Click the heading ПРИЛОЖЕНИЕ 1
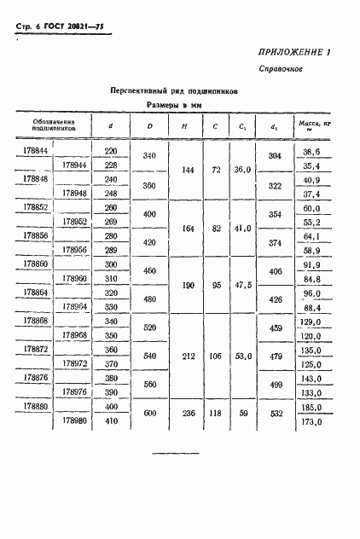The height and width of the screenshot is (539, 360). point(295,53)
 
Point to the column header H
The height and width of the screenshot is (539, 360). point(184,126)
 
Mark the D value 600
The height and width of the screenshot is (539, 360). point(150,414)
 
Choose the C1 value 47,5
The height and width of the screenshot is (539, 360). point(245,285)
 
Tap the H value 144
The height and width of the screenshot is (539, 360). point(183,171)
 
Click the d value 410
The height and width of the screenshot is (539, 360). point(110,421)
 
